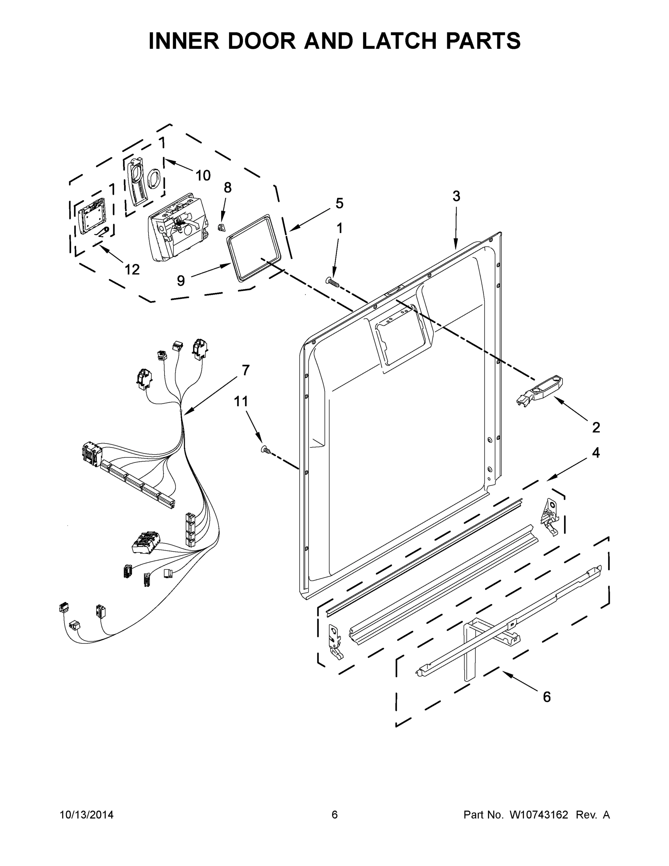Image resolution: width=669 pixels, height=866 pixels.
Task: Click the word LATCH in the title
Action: click(400, 41)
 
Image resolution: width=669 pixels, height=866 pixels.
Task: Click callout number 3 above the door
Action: click(456, 196)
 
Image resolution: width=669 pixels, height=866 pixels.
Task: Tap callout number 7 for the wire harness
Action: click(246, 370)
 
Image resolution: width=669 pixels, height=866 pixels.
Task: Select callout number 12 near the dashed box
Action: click(132, 270)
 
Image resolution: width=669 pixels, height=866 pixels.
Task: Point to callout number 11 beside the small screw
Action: click(241, 401)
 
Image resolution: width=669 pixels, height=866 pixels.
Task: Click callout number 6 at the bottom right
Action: click(546, 697)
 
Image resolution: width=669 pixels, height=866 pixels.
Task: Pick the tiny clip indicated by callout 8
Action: click(222, 227)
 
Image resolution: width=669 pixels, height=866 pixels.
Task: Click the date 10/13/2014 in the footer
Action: click(87, 814)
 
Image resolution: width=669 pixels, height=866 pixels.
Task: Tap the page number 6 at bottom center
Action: click(335, 814)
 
